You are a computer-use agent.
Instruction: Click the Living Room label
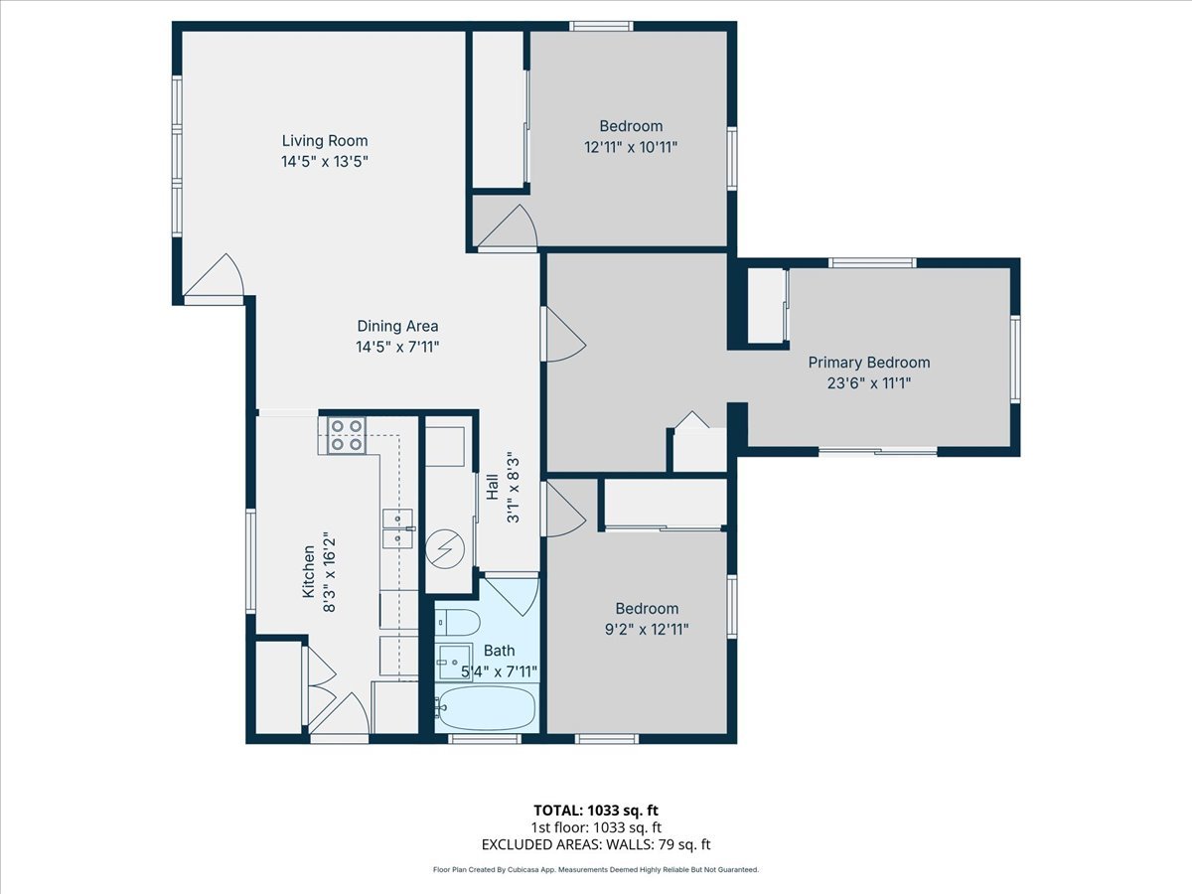[x=325, y=141]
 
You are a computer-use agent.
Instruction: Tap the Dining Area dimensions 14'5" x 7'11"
[x=397, y=347]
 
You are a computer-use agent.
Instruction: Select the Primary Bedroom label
[x=868, y=363]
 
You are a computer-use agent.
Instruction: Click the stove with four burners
[x=346, y=435]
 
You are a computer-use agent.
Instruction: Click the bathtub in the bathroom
[x=487, y=708]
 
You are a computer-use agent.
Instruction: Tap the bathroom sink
[x=456, y=660]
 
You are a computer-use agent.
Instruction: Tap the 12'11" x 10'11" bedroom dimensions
[x=631, y=146]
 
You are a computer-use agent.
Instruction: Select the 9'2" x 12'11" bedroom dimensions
[x=647, y=629]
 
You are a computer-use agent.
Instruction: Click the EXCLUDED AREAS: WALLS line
[x=596, y=845]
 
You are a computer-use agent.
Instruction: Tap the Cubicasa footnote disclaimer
[x=596, y=869]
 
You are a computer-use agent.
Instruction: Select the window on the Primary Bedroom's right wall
[x=1015, y=359]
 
